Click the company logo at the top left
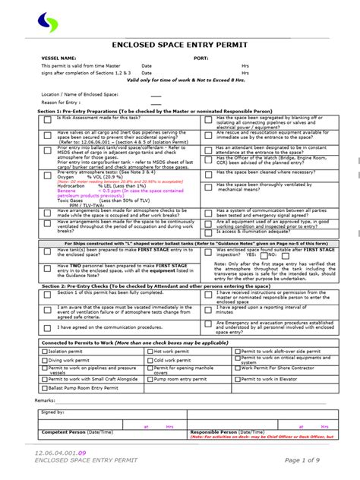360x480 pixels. point(48,23)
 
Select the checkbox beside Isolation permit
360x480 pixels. point(44,352)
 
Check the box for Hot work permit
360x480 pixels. point(149,352)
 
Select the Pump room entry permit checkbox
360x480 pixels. point(149,378)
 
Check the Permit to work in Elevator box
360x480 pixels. point(237,378)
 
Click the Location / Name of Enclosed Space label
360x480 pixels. point(81,96)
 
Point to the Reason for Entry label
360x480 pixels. point(63,102)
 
